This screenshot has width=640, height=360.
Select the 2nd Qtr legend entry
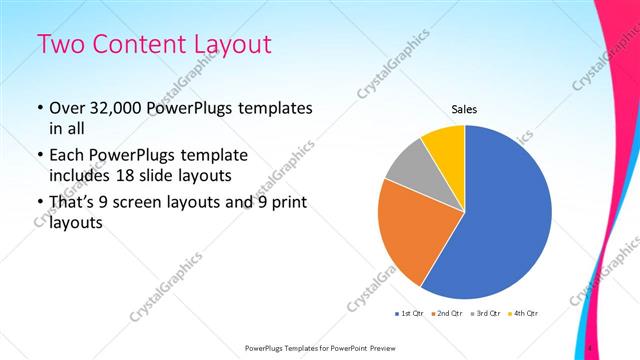pyautogui.click(x=447, y=314)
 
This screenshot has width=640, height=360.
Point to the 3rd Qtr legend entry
pyautogui.click(x=485, y=314)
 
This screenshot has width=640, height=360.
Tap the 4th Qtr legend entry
pyautogui.click(x=523, y=314)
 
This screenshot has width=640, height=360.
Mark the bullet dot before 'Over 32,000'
pyautogui.click(x=39, y=108)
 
